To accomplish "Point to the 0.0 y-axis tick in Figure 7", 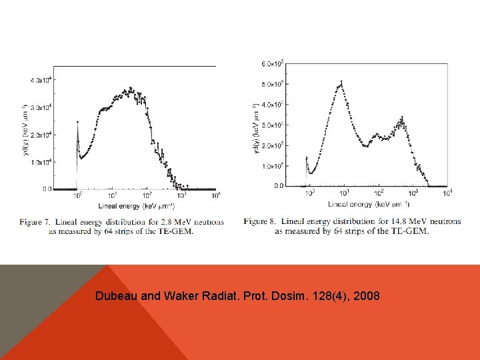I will coord(46,189).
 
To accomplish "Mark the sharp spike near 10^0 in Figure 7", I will coord(77,123).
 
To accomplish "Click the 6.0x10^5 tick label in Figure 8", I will coord(272,63).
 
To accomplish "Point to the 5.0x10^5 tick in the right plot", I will coord(272,84).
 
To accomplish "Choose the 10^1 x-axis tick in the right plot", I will coord(343,193).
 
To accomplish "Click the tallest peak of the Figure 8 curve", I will coord(341,83).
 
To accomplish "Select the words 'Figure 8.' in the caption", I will coord(261,221).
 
